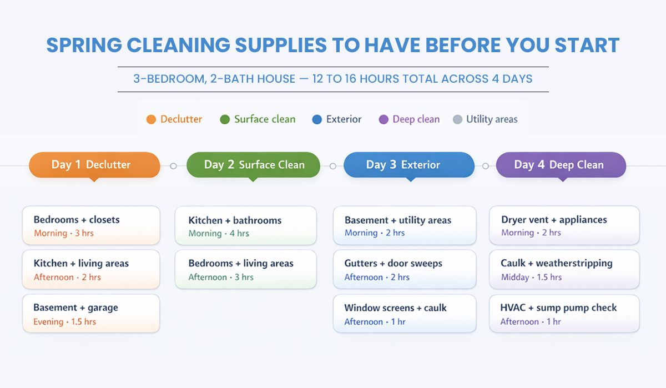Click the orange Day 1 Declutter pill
pos(94,165)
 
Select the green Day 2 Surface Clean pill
pos(254,165)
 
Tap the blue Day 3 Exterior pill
pos(409,165)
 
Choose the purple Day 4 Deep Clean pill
pos(561,165)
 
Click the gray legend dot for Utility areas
pos(457,119)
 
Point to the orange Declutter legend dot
pos(151,119)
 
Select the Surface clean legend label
pos(265,119)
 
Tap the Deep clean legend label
pos(416,119)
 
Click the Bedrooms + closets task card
pos(91,225)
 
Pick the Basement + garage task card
pos(91,314)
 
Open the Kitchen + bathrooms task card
pos(245,226)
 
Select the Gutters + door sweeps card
pos(405,269)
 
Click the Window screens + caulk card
pos(405,314)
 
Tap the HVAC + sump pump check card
pos(564,314)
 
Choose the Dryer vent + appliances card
pos(564,225)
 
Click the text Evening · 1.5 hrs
pos(65,322)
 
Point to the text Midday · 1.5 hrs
pos(531,278)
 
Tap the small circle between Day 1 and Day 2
pos(173,165)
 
